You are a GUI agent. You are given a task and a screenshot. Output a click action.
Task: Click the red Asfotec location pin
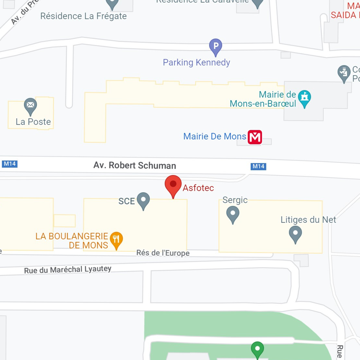(x=173, y=185)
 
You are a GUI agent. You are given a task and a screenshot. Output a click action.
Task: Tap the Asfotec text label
(x=198, y=188)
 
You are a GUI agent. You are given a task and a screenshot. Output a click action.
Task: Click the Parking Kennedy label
(x=196, y=62)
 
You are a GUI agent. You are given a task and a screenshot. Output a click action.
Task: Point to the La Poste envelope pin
(x=30, y=106)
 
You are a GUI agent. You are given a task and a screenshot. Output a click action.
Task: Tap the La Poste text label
(x=33, y=122)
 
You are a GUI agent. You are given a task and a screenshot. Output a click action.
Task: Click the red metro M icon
(x=255, y=137)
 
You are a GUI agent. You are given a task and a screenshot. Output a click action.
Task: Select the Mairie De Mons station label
(x=215, y=137)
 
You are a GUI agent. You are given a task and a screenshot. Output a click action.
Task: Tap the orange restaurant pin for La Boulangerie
(x=116, y=240)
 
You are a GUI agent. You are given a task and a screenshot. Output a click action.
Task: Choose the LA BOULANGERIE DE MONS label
(x=72, y=241)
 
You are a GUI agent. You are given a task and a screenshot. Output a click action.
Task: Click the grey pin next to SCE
(x=143, y=200)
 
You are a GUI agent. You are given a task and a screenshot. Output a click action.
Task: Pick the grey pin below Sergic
(x=233, y=214)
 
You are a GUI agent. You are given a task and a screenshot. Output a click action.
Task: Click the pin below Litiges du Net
(x=295, y=234)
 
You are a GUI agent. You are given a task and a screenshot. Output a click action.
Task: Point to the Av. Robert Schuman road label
(x=135, y=165)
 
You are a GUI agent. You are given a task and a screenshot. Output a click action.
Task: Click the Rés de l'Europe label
(x=163, y=253)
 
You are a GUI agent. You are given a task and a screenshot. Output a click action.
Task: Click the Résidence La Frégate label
(x=83, y=16)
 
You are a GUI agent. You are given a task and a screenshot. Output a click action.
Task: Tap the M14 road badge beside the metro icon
(x=258, y=166)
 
